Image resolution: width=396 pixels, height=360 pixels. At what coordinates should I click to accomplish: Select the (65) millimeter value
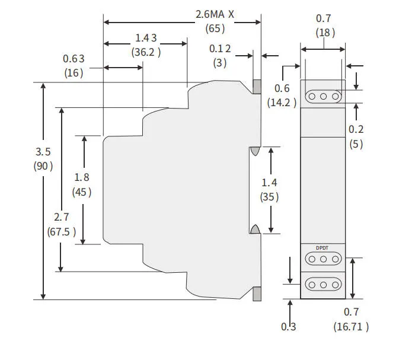coord(215,28)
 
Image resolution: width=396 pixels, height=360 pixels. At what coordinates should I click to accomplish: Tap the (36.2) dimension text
coord(146,52)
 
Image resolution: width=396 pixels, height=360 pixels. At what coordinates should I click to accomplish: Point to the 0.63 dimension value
coord(74,58)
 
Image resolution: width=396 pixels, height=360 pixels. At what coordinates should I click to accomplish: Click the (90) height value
coord(43,166)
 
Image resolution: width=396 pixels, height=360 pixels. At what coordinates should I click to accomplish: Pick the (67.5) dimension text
coord(62,231)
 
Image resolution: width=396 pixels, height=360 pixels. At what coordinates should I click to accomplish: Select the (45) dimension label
coord(82,192)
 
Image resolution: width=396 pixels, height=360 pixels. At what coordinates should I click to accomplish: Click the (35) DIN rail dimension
coord(269,197)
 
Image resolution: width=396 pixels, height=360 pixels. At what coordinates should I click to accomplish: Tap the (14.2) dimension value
coord(282,102)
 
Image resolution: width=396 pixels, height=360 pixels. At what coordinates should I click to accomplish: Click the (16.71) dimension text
coord(351,326)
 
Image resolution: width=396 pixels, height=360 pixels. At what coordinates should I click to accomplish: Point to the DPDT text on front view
coord(323,247)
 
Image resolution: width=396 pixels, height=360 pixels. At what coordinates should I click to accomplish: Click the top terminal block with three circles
coord(323,96)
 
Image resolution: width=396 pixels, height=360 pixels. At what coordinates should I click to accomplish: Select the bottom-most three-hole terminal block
coord(323,285)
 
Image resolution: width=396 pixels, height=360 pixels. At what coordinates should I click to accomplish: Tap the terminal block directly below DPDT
coord(323,259)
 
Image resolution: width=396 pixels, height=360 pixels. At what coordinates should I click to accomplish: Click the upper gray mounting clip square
coord(257,87)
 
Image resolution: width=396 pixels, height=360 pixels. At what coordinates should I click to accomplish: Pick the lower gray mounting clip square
coord(257,294)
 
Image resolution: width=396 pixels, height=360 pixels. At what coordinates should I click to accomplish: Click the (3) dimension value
coord(220,63)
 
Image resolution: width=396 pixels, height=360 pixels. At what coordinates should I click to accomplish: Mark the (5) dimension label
coord(356,144)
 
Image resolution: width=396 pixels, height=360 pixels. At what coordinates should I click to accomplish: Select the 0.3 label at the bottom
coord(289,326)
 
